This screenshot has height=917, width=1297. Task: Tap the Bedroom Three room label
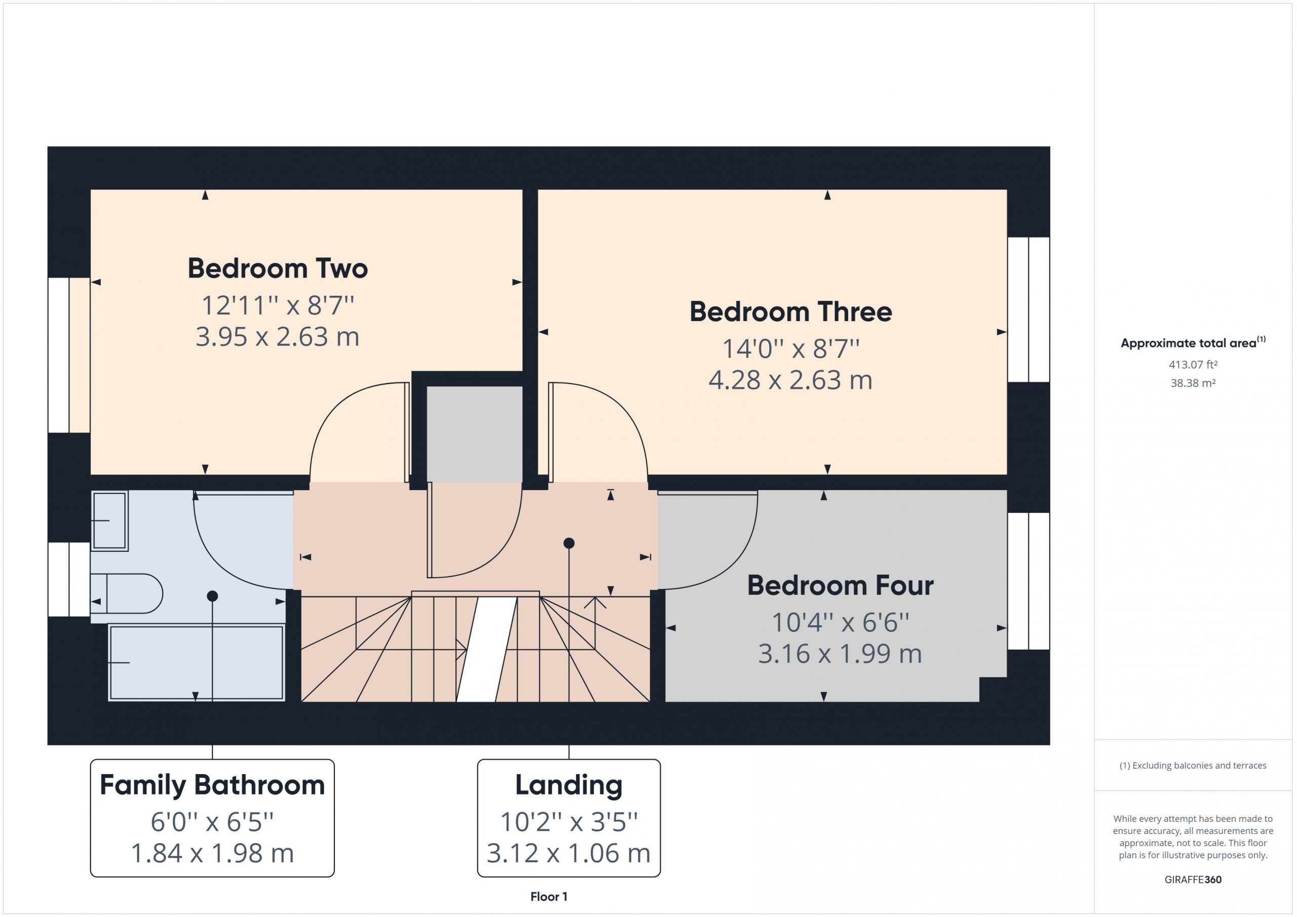pyautogui.click(x=790, y=312)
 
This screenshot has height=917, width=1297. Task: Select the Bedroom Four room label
pyautogui.click(x=840, y=585)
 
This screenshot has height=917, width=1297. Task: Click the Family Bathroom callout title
pyautogui.click(x=212, y=785)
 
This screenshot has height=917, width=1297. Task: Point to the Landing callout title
pyautogui.click(x=569, y=785)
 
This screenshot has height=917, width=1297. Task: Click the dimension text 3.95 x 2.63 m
pyautogui.click(x=277, y=337)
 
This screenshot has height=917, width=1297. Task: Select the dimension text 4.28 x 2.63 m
pyautogui.click(x=790, y=380)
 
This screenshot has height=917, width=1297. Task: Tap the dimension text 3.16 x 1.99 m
pyautogui.click(x=840, y=654)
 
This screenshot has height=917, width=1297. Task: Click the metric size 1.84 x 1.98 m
pyautogui.click(x=212, y=853)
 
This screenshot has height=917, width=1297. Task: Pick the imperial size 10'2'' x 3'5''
pyautogui.click(x=569, y=822)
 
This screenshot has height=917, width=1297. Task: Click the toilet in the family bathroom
pyautogui.click(x=127, y=593)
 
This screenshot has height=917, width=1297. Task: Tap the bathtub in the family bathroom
pyautogui.click(x=196, y=662)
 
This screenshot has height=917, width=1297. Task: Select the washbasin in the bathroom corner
pyautogui.click(x=109, y=520)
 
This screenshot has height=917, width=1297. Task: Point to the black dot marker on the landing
pyautogui.click(x=569, y=543)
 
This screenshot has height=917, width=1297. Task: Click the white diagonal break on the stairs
pyautogui.click(x=486, y=649)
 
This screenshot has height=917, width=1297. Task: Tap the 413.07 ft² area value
pyautogui.click(x=1193, y=365)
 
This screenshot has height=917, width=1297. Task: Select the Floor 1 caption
pyautogui.click(x=549, y=897)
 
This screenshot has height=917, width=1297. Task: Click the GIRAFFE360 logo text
pyautogui.click(x=1193, y=880)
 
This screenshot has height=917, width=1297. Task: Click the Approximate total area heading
pyautogui.click(x=1193, y=343)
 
